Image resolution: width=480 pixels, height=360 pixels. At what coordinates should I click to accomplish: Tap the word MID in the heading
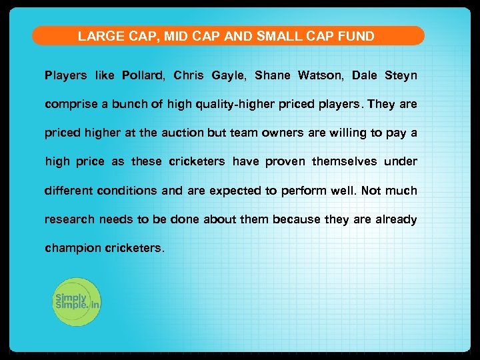[177, 36]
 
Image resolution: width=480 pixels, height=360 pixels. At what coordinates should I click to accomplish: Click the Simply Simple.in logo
[76, 301]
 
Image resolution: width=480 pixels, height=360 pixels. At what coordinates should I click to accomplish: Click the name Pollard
[143, 75]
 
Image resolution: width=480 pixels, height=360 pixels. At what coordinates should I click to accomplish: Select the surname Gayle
[229, 75]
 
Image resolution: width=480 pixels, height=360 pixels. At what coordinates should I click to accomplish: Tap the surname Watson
[319, 75]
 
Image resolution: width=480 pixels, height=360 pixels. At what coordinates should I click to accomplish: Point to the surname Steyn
[401, 75]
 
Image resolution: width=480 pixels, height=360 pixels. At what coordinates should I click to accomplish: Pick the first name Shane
[273, 75]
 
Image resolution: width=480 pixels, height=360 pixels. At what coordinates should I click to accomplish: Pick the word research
[71, 219]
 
